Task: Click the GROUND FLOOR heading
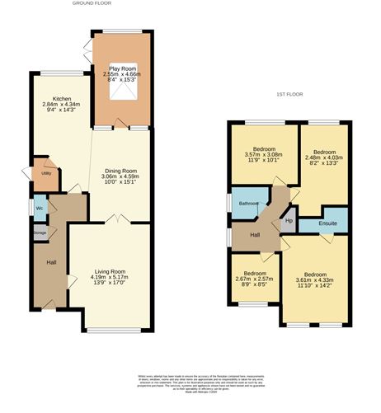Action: tap(92, 3)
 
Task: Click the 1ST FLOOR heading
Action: tap(290, 95)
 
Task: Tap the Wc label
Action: tap(40, 207)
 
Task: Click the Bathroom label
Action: tap(249, 203)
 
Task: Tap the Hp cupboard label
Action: tap(289, 221)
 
